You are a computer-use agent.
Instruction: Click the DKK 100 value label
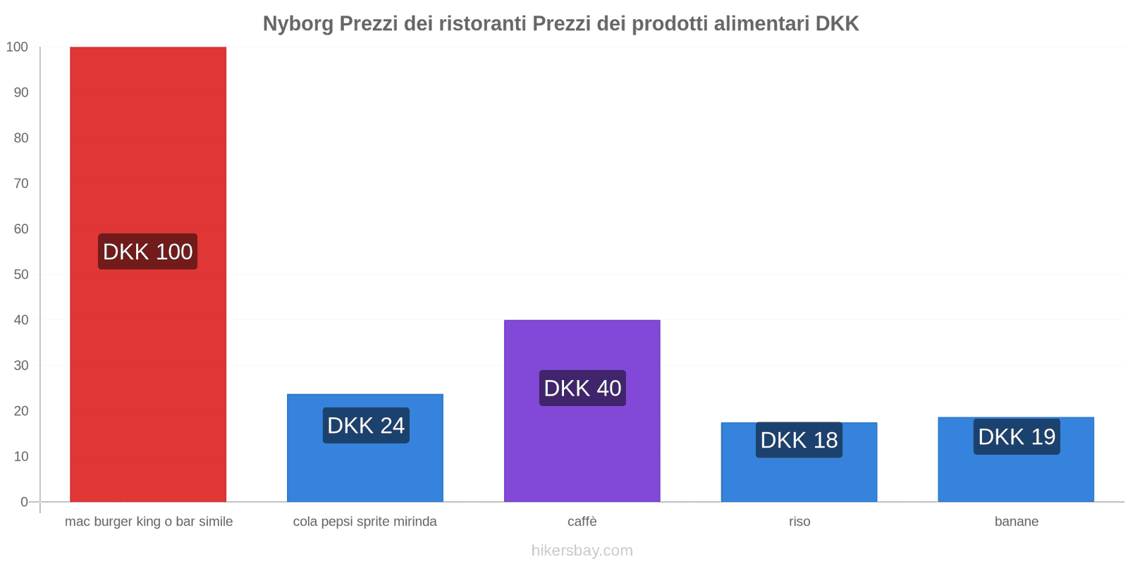[148, 252]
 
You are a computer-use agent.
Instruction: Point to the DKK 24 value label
[366, 426]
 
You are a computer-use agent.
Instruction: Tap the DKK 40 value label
[582, 388]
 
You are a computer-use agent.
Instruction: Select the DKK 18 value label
[799, 440]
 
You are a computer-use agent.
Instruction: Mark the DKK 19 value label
[1017, 437]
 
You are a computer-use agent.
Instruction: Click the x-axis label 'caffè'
[582, 522]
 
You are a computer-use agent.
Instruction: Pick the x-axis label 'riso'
[799, 522]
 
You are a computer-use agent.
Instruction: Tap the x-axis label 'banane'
[1017, 522]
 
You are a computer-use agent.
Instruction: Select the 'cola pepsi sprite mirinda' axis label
[365, 522]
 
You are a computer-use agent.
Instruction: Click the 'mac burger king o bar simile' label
[149, 522]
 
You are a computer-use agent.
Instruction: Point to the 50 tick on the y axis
[21, 274]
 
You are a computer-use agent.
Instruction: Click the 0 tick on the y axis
[25, 502]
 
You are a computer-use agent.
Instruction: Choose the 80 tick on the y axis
[21, 138]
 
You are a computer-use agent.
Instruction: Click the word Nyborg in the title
[298, 24]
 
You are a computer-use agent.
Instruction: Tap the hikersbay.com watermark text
[582, 551]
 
